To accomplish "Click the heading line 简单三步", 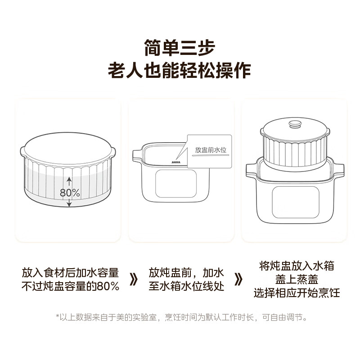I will click(x=180, y=47).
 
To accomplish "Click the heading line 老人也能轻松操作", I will click(x=180, y=71).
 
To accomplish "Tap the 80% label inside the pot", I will click(x=70, y=193).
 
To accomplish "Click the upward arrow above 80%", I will click(x=69, y=182).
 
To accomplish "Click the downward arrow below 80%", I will click(x=69, y=204).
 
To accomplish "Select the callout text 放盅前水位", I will click(x=210, y=150).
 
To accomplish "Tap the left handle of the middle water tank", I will click(x=136, y=155).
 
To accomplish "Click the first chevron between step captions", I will click(x=133, y=279).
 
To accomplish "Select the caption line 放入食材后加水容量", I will click(x=71, y=273).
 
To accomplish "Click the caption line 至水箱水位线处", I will click(x=187, y=286).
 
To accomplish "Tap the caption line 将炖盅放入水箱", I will click(x=297, y=266).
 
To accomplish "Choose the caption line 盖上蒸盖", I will click(x=297, y=279).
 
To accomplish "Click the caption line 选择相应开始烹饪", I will click(x=297, y=293).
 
